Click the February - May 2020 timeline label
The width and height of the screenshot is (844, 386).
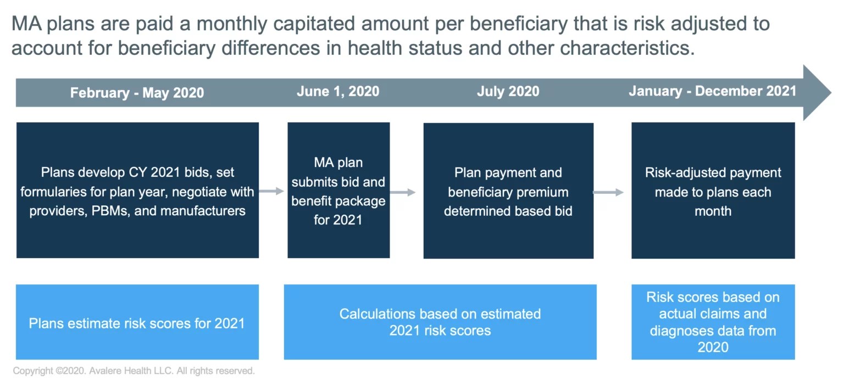137,92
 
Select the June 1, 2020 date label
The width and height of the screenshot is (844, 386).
338,91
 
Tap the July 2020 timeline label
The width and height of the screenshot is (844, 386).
508,91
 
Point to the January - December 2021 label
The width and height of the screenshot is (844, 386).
712,91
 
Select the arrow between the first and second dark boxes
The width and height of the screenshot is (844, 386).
271,191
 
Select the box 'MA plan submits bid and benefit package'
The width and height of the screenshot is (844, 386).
338,190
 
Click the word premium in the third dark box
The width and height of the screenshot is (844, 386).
544,192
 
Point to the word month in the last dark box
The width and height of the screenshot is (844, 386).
713,211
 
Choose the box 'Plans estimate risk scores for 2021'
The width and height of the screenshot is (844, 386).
137,322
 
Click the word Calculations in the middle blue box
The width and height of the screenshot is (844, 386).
377,314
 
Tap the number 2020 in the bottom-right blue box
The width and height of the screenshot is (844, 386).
713,347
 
